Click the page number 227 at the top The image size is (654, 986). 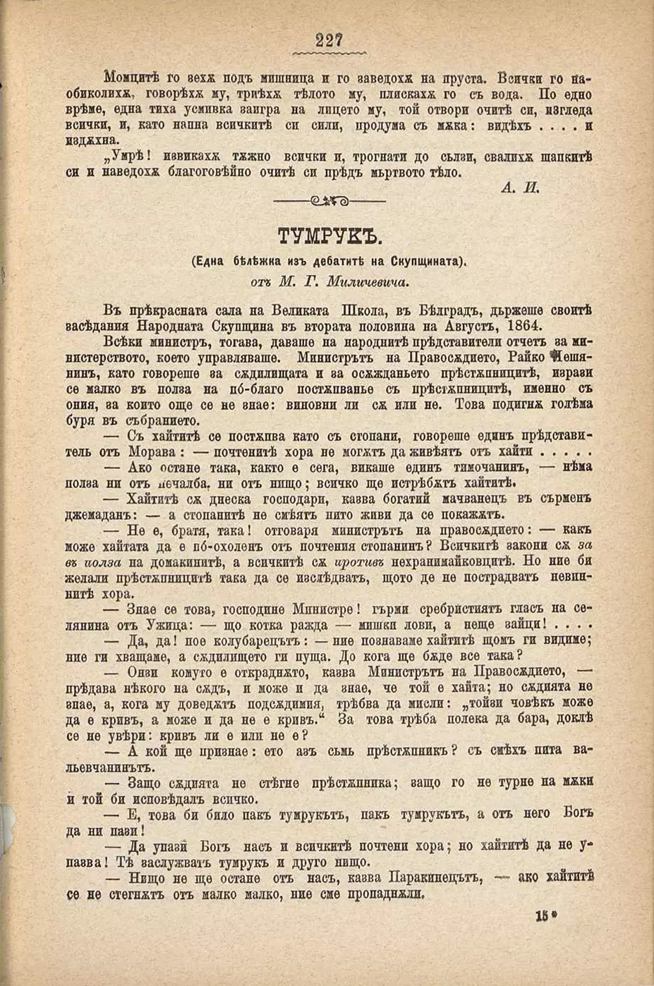tap(329, 40)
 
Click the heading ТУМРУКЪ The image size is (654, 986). tap(329, 236)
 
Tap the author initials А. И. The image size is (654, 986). tap(521, 187)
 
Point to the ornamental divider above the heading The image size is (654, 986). tap(329, 202)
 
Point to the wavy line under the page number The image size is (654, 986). tap(329, 53)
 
